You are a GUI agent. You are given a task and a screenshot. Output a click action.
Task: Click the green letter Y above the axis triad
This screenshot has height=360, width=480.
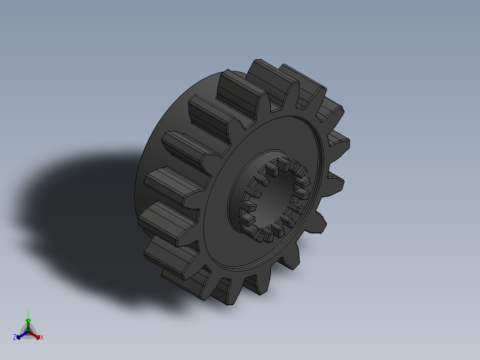[x=28, y=313]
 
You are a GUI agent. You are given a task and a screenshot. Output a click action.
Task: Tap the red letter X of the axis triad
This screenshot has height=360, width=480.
[x=42, y=338]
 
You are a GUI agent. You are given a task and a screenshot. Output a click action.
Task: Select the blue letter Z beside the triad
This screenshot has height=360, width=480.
[x=15, y=337]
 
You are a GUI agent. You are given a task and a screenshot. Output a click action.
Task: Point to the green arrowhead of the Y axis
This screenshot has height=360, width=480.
[x=28, y=320]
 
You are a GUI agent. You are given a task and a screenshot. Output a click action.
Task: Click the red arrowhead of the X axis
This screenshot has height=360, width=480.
[x=38, y=336]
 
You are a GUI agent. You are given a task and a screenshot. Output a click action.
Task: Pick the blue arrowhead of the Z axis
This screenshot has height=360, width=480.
[x=19, y=337]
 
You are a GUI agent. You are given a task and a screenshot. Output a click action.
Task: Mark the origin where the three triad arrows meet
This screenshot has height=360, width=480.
[x=28, y=332]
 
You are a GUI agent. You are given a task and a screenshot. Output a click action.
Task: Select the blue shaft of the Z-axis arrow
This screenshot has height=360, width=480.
[x=23, y=335]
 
